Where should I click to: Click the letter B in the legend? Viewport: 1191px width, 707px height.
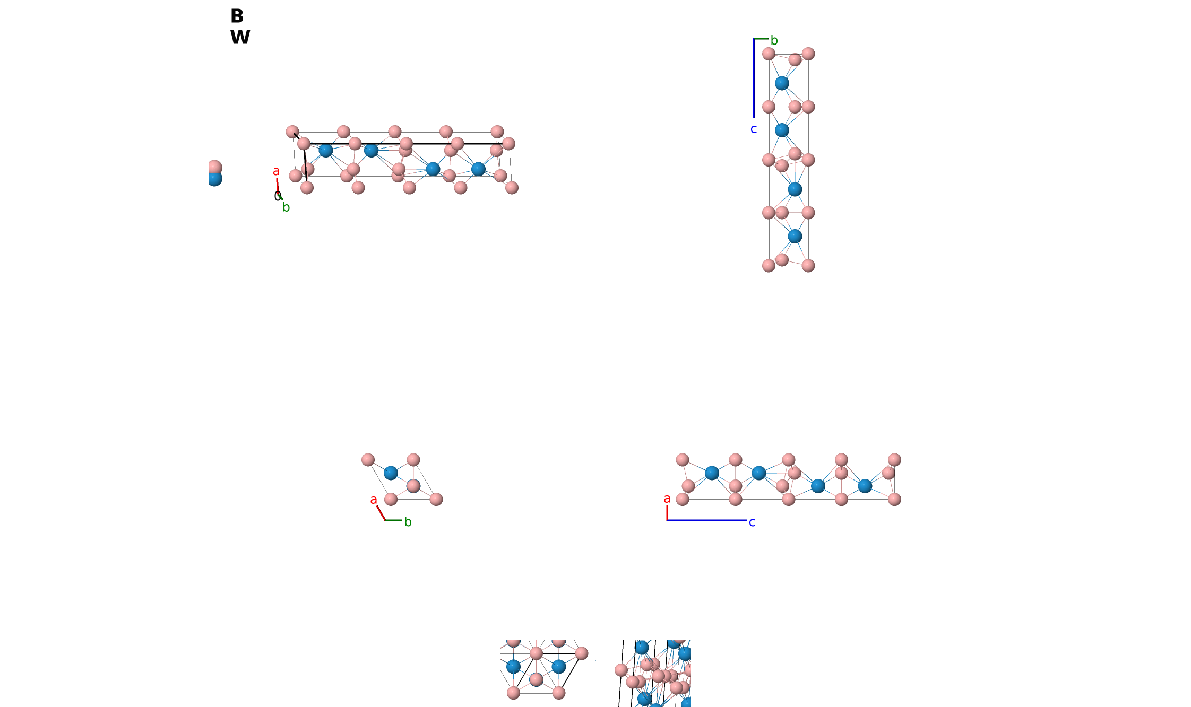point(237,16)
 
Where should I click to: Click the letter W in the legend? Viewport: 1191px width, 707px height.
point(240,37)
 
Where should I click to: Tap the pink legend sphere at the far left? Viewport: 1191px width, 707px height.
point(214,167)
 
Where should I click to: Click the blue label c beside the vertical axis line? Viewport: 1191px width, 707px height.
point(754,129)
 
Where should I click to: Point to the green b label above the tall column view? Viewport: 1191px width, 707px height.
point(774,40)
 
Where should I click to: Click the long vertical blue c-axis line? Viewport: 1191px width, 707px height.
point(754,78)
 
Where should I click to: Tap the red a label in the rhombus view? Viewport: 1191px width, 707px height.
point(374,500)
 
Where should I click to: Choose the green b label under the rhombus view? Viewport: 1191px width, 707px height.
point(408,522)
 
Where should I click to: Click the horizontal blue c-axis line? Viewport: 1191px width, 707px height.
point(706,520)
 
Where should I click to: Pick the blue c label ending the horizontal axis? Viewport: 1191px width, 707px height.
point(752,522)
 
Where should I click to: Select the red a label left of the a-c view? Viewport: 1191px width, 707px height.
point(667,499)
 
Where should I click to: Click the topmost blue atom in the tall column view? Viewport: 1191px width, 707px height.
point(782,83)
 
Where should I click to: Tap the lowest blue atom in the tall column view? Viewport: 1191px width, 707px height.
point(795,236)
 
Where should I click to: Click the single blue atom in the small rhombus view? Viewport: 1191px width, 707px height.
point(391,473)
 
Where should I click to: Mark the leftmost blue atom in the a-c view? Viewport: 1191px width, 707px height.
point(712,473)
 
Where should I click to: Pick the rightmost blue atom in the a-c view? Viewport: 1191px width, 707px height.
point(865,486)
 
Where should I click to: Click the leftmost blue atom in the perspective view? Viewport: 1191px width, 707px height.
point(325,151)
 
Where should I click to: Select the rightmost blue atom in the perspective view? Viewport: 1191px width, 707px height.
point(478,169)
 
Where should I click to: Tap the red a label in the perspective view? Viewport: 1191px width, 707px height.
point(276,171)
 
